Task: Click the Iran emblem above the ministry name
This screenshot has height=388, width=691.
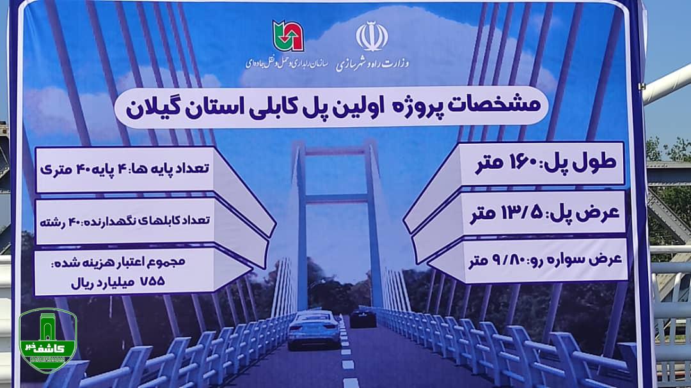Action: point(372,36)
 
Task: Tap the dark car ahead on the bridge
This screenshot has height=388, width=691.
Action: point(363,318)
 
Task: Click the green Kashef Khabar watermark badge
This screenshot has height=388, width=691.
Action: point(48,339)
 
